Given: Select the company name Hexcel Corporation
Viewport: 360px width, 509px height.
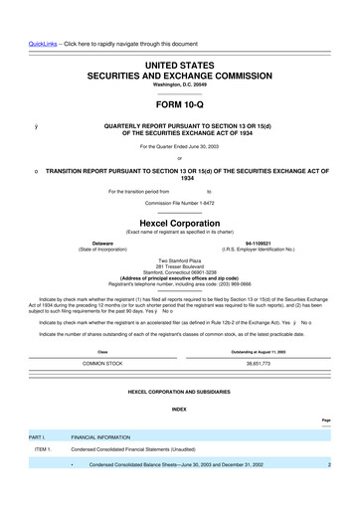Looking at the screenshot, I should point(179,224).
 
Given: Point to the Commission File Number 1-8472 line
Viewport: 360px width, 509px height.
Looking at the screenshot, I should point(179,202).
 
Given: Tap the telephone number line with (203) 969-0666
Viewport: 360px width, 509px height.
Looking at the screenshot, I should point(179,282).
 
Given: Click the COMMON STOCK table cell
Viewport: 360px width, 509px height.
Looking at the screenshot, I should point(102,364).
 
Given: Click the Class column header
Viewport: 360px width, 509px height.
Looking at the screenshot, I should point(102,352).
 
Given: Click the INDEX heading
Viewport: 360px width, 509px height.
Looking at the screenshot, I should point(179,409).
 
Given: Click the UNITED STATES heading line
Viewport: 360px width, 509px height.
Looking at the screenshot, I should point(179,64).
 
